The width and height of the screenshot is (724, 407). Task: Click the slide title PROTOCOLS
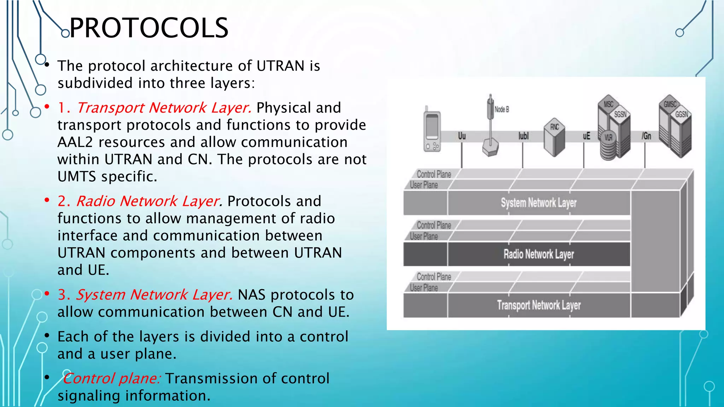149,28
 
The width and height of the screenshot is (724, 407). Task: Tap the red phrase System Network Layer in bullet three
154,295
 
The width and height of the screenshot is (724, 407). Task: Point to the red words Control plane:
112,378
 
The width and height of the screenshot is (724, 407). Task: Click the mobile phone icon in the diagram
432,131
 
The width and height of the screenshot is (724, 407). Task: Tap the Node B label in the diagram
502,110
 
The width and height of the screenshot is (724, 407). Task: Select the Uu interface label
462,136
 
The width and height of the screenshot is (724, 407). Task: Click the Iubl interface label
523,136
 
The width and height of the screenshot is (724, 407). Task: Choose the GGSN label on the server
681,114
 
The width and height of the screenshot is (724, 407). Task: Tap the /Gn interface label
646,136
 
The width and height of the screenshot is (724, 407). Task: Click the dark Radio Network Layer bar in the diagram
538,254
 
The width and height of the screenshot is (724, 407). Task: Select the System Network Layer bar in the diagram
538,203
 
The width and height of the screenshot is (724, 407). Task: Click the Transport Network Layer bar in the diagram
538,305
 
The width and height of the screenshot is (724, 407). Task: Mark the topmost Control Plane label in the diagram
434,174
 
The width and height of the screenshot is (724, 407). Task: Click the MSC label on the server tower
608,104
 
